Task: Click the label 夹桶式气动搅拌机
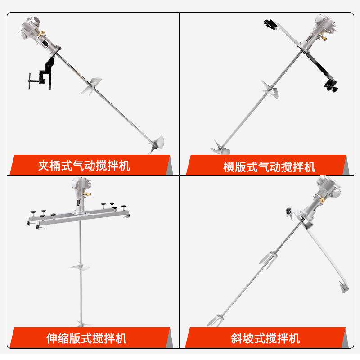pos(84,166)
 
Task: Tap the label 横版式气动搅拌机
pos(269,166)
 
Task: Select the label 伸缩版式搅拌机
pos(86,338)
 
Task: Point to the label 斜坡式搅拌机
pos(265,338)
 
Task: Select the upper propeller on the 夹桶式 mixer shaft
pos(92,86)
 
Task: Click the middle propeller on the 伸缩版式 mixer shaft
pos(81,266)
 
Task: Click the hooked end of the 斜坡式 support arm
pos(344,287)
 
